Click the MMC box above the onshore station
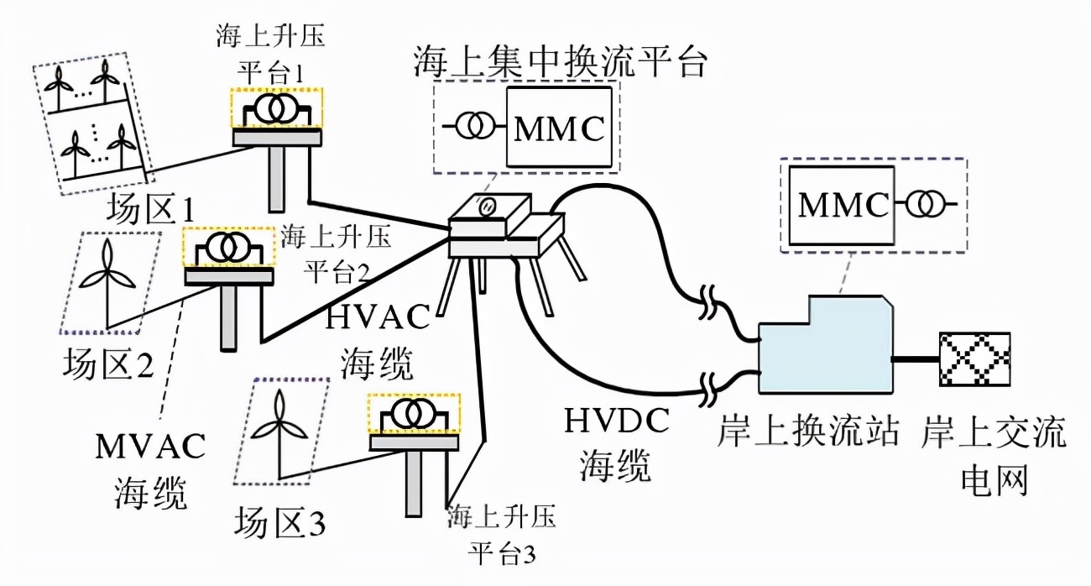843,205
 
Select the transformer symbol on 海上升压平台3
413,414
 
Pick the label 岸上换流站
809,434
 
